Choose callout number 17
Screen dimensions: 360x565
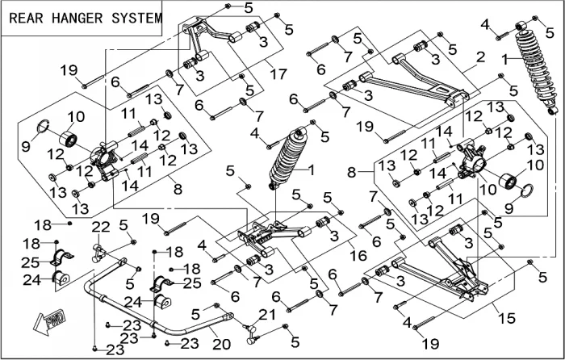[278, 75]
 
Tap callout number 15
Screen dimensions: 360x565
[506, 319]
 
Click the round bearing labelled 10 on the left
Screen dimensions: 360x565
[65, 139]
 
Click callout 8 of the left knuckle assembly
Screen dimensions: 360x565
[178, 190]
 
